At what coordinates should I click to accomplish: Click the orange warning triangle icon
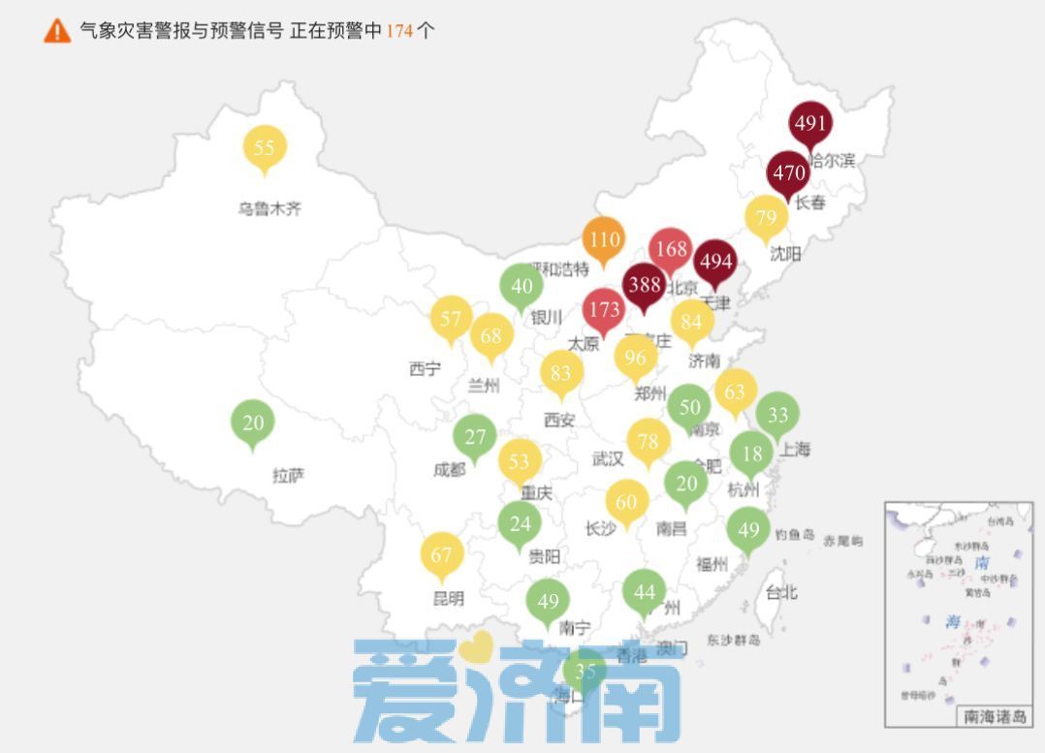pos(57,30)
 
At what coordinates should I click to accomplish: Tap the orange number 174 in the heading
pos(399,30)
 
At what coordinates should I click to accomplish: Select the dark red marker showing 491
pos(809,124)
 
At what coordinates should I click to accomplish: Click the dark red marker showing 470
pos(788,173)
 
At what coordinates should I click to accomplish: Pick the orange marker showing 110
pos(604,238)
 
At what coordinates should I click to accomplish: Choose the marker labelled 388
pos(644,285)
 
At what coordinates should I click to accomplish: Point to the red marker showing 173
pos(604,310)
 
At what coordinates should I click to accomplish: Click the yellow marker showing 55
pos(265,148)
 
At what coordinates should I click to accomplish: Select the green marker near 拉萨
pos(253,423)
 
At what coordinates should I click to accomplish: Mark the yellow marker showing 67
pos(442,554)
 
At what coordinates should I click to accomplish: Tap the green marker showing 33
pos(777,415)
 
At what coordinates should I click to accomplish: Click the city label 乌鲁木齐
pos(269,208)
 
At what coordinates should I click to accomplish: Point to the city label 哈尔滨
pos(833,161)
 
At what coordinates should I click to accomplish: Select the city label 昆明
pos(448,599)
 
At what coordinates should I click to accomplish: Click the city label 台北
pos(781,591)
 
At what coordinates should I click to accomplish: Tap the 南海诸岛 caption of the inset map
pos(994,716)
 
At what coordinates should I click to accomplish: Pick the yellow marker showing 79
pos(766,216)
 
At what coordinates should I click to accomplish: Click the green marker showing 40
pos(522,286)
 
